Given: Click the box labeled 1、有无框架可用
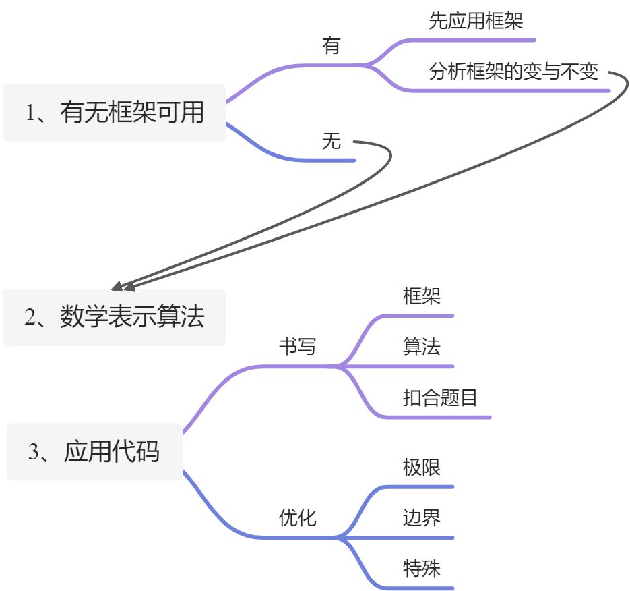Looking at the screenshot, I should (114, 113).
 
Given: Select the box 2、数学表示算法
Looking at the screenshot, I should (114, 317).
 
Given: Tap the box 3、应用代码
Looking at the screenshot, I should (94, 451).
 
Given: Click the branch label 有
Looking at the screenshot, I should (332, 47).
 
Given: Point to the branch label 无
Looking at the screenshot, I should (332, 142).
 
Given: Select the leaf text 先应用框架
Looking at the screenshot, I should (476, 21).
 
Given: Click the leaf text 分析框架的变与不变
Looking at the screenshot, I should (513, 72).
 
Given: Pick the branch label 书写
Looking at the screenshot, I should (298, 347).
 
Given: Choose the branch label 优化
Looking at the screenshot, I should (298, 518).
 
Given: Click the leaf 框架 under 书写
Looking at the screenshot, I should (422, 296).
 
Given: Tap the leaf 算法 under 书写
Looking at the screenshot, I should (422, 347).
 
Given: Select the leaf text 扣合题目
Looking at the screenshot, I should (440, 398).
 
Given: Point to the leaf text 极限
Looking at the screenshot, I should (422, 467).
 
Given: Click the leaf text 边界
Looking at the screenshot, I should (422, 518).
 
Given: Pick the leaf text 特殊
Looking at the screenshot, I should (422, 568).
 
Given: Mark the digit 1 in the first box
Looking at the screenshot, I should (30, 113).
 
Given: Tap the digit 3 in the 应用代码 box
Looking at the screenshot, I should (34, 452).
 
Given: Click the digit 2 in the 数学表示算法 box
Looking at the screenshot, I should (30, 318).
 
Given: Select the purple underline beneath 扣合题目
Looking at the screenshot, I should (438, 417).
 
